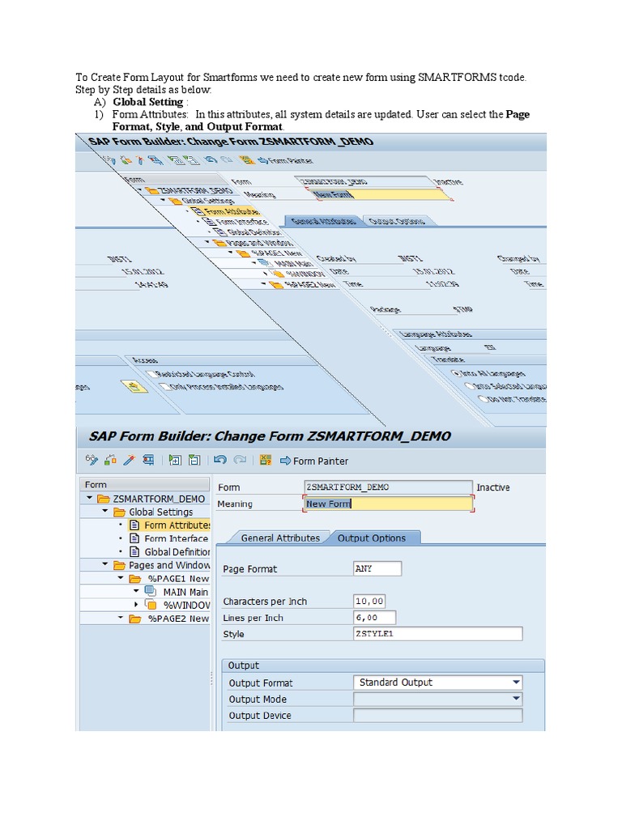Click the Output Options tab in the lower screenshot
[x=372, y=538]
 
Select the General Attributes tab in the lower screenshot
[x=280, y=538]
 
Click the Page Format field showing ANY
[x=377, y=568]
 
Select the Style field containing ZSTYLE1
[x=437, y=634]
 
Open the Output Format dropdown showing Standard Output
[x=437, y=682]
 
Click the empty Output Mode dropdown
[x=437, y=699]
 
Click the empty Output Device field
[x=437, y=716]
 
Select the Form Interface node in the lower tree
[x=176, y=538]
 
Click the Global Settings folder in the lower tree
[x=160, y=512]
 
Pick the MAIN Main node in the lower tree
[x=185, y=592]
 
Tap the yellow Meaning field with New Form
[x=388, y=504]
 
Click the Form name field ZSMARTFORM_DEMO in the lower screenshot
[x=388, y=487]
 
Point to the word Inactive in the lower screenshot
[x=493, y=487]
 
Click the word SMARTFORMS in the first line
[x=453, y=78]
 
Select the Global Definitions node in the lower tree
[x=177, y=552]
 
